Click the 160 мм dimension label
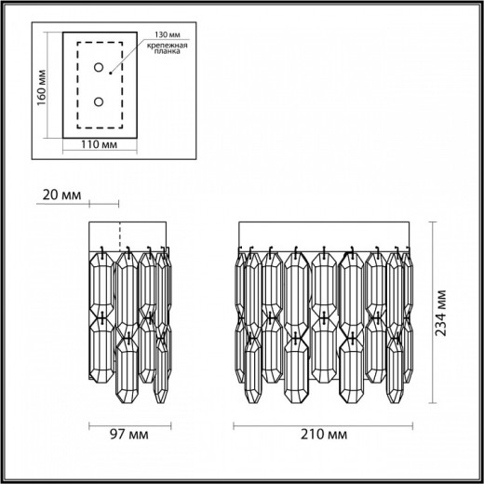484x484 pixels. tap(42, 87)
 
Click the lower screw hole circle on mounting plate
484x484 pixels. tap(99, 101)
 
